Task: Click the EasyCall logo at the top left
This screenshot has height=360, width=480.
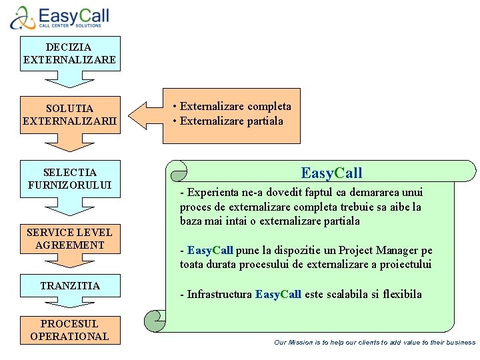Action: point(59,17)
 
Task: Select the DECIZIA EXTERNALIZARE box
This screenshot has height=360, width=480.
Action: point(70,53)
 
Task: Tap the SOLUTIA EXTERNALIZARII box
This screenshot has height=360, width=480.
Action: point(70,115)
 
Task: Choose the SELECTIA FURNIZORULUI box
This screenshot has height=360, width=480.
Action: point(70,179)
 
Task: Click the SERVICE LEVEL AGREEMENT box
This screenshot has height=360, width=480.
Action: point(70,239)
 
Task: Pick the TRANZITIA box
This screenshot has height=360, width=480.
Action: point(70,285)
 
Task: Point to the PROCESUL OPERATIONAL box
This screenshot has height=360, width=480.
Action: point(70,330)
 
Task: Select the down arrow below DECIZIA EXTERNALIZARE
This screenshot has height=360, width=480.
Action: point(70,79)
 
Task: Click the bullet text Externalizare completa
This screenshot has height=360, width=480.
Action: point(235,107)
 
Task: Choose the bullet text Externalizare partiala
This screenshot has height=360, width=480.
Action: point(231,121)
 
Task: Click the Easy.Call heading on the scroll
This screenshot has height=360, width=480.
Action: point(331,173)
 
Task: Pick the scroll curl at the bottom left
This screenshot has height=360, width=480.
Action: point(155,321)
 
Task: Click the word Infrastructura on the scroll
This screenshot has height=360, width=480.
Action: point(219,294)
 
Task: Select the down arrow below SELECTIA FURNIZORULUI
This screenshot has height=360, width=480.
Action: point(70,207)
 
